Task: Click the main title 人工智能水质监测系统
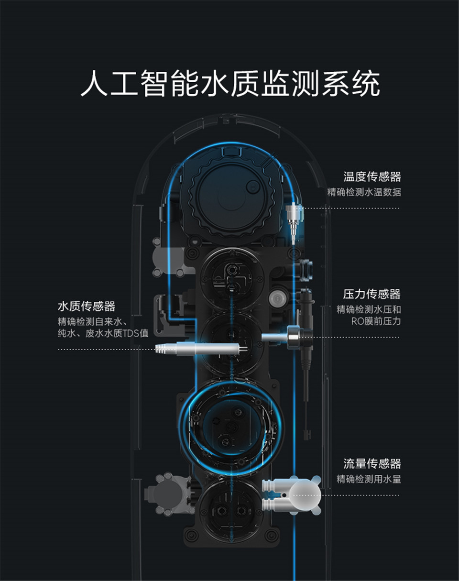pos(230,83)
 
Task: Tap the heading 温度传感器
pos(372,177)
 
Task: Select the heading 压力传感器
pos(372,294)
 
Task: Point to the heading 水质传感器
pos(87,306)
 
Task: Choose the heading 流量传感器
pos(372,464)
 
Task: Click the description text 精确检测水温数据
pos(364,192)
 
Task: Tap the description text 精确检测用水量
pos(369,479)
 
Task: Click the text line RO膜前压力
pos(376,321)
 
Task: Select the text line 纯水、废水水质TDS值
pos(103,333)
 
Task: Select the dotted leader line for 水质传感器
pos(106,350)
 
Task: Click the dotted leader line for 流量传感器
pos(346,495)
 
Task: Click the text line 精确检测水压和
pos(369,309)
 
